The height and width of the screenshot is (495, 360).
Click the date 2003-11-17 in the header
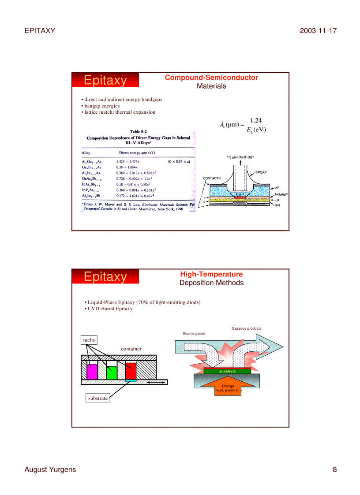(x=318, y=30)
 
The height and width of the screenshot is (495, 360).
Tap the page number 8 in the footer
(x=334, y=469)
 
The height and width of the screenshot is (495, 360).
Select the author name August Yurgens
(x=50, y=469)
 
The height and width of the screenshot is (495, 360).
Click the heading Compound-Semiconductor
(x=211, y=78)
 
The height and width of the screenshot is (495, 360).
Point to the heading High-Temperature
(x=211, y=274)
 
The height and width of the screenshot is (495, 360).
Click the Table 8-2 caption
(x=139, y=131)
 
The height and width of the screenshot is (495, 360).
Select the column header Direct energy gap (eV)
(x=137, y=153)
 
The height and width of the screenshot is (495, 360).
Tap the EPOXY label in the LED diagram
(x=262, y=172)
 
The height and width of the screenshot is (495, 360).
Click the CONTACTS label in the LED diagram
(x=211, y=178)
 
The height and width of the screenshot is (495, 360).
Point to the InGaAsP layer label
(x=281, y=194)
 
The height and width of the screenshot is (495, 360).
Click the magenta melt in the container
(x=92, y=372)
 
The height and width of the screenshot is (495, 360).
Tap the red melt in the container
(x=131, y=370)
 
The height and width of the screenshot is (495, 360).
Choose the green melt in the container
(x=111, y=373)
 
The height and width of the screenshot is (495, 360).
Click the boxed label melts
(x=89, y=340)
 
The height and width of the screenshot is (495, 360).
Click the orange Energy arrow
(x=228, y=388)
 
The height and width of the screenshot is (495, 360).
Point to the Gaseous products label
(x=246, y=328)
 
